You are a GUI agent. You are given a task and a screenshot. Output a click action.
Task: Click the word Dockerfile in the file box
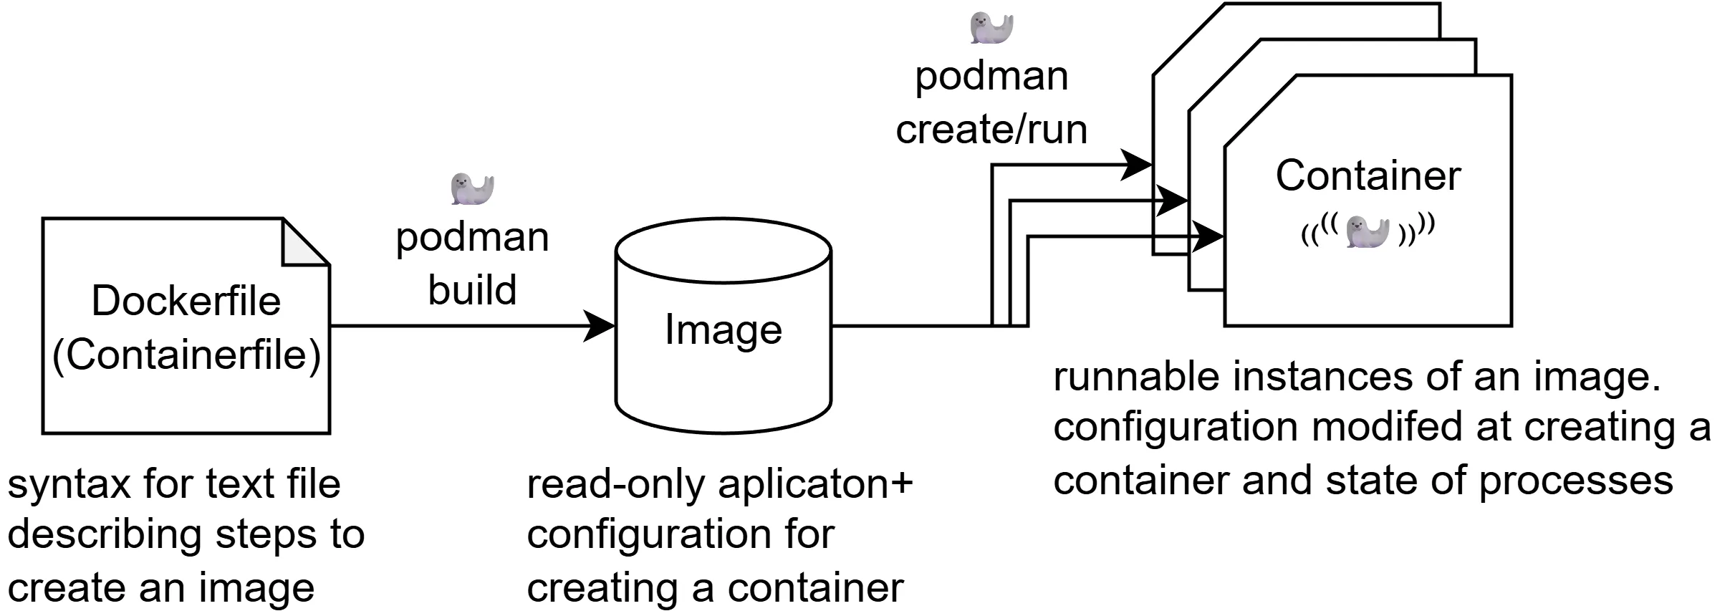pyautogui.click(x=186, y=301)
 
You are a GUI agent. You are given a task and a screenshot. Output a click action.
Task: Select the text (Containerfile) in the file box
pyautogui.click(x=186, y=355)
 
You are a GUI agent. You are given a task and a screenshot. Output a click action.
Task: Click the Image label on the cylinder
pyautogui.click(x=723, y=329)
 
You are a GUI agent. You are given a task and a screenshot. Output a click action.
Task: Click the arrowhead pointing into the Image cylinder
pyautogui.click(x=600, y=326)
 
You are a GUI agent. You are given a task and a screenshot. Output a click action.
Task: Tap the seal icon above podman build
pyautogui.click(x=472, y=189)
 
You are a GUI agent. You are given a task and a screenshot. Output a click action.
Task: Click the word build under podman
pyautogui.click(x=472, y=290)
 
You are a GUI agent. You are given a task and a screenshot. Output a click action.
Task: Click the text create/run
pyautogui.click(x=991, y=130)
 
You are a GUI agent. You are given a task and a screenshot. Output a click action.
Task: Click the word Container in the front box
pyautogui.click(x=1368, y=175)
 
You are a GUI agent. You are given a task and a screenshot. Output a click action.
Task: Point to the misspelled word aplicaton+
pyautogui.click(x=815, y=484)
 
